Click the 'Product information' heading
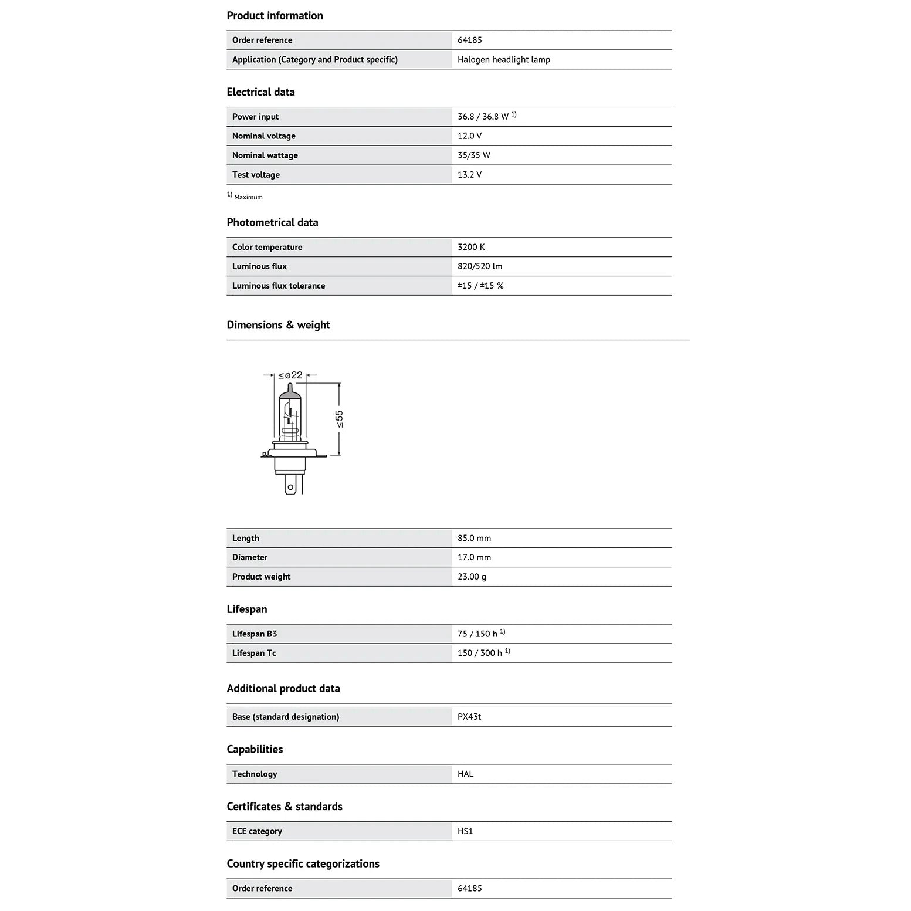(275, 16)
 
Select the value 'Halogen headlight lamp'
(503, 59)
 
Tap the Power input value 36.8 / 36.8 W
(483, 117)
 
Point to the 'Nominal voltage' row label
(263, 136)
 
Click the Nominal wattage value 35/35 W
(473, 155)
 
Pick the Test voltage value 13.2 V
(469, 175)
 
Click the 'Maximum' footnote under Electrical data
(248, 197)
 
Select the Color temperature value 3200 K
(471, 247)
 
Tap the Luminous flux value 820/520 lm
(479, 266)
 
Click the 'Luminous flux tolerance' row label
(278, 286)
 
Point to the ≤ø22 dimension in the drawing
(290, 375)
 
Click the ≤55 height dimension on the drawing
(339, 419)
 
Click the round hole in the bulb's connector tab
(290, 487)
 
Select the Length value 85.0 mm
(474, 538)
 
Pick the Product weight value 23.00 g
(472, 577)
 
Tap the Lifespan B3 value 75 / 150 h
(477, 634)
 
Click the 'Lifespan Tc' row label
(253, 653)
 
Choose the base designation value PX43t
(469, 717)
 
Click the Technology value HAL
(465, 774)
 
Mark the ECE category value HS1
(465, 831)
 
